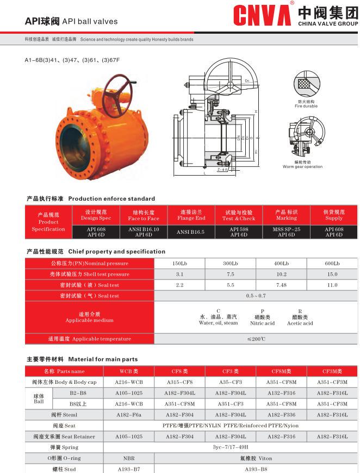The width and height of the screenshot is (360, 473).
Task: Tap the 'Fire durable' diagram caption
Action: tap(306, 104)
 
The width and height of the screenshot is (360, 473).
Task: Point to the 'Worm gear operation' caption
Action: tap(302, 165)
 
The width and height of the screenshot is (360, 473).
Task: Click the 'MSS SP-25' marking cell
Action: tap(286, 229)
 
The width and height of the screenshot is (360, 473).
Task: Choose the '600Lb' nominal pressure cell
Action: tap(332, 263)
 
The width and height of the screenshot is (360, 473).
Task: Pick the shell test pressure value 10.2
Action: tap(281, 274)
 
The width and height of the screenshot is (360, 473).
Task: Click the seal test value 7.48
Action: tap(281, 285)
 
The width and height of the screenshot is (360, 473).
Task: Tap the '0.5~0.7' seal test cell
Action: tap(256, 296)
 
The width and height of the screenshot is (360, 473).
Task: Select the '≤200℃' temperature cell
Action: tap(256, 339)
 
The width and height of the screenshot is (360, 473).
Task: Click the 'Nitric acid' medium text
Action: tap(263, 323)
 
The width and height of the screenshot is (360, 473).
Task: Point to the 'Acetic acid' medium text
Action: tap(300, 323)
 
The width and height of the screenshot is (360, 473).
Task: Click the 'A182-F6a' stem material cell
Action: tap(129, 414)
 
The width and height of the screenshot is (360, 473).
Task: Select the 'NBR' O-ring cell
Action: tap(129, 458)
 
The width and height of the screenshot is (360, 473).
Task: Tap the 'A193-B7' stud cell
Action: tap(129, 468)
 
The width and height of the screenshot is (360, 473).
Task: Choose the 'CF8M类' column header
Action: tap(281, 371)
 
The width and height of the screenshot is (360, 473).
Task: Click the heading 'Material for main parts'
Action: tap(103, 359)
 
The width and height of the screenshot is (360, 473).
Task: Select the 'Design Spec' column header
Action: tap(96, 215)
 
